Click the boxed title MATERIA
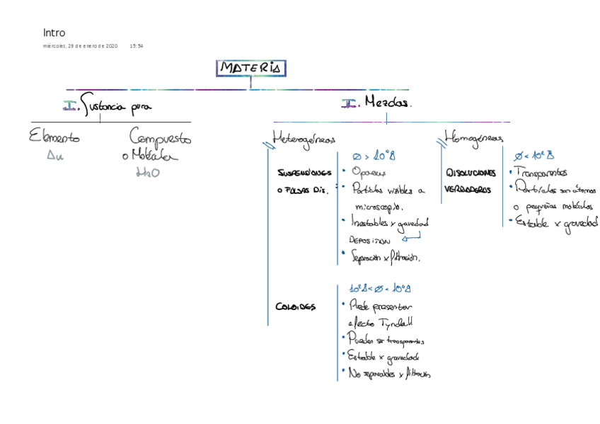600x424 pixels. pos(250,68)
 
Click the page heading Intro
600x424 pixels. pos(54,33)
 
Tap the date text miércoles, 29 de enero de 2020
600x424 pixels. pos(80,46)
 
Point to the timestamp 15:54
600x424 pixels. pos(137,46)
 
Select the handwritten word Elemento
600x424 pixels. pos(54,137)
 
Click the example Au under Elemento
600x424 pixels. pos(54,156)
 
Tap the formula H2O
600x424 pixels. pos(147,172)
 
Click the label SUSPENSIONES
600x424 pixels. pos(304,172)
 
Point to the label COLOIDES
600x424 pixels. pos(295,306)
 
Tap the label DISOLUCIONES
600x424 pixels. pos(470,172)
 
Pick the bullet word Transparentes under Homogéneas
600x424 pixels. pos(541,172)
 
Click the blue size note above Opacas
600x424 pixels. pos(374,155)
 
